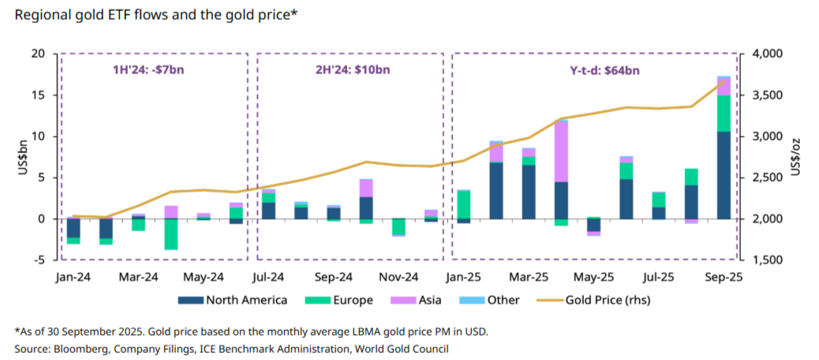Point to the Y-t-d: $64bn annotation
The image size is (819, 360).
pos(604,69)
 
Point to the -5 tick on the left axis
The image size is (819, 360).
pos(38,260)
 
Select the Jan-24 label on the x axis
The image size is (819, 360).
pos(73,278)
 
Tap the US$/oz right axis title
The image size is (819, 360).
pos(797,156)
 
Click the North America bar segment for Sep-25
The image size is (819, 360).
pos(724,175)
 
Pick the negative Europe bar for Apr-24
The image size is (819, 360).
pos(170,234)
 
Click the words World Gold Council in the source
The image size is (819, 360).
pos(402,348)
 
